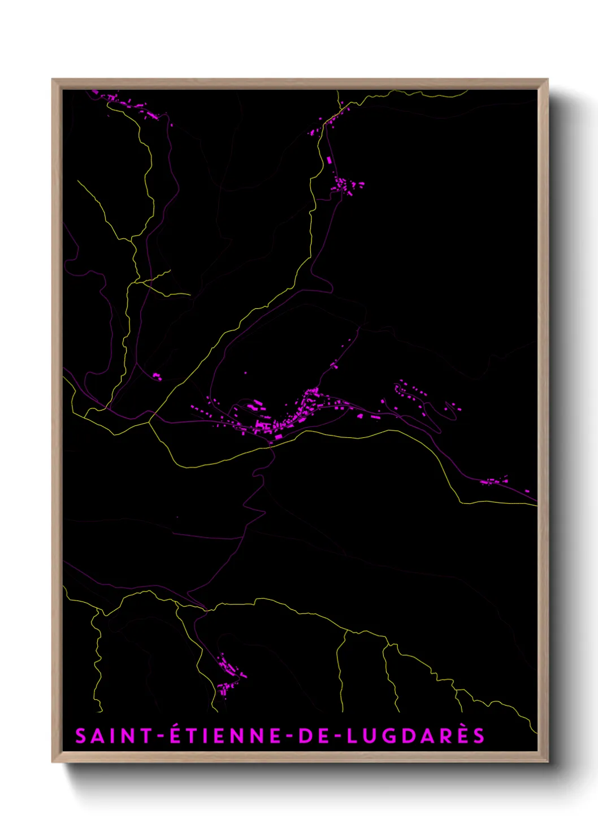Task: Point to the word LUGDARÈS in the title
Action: pyautogui.click(x=415, y=736)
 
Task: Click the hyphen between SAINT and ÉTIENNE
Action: pyautogui.click(x=161, y=737)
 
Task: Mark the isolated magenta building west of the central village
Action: pyautogui.click(x=157, y=376)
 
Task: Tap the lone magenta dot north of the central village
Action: pyautogui.click(x=245, y=373)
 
